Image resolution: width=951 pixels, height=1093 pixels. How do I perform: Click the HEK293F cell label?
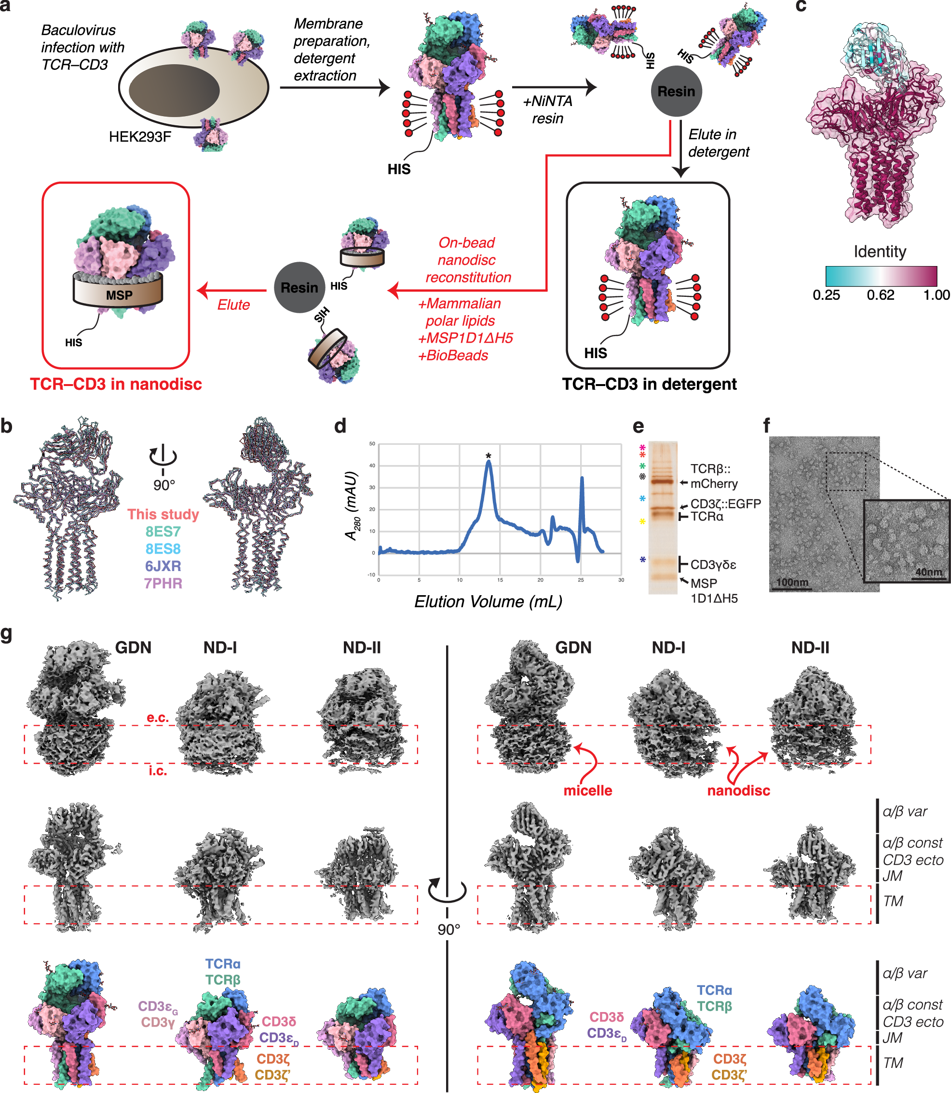(140, 137)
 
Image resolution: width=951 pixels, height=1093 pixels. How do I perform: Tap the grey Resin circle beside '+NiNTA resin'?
(676, 91)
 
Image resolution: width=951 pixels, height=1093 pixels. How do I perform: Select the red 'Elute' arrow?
(232, 291)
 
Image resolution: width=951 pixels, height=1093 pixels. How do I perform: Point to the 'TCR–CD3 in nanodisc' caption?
(116, 384)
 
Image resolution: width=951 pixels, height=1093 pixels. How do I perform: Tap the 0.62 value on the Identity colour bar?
(880, 295)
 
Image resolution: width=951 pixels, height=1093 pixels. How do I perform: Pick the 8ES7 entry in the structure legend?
(163, 532)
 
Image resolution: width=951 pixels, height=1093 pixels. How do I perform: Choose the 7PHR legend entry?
(163, 583)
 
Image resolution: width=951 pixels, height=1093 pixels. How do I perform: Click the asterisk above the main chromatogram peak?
(488, 456)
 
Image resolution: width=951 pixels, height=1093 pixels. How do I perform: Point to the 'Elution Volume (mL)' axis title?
(488, 602)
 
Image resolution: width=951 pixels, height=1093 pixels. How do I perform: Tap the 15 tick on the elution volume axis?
(500, 580)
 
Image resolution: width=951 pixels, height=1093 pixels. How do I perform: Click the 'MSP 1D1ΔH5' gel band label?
(713, 591)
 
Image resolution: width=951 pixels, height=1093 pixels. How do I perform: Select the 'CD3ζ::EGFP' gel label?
(725, 503)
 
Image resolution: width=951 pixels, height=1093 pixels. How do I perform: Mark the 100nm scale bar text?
(792, 582)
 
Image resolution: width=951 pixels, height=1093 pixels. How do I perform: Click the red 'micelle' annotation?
(587, 790)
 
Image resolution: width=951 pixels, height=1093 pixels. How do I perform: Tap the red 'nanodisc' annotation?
(738, 790)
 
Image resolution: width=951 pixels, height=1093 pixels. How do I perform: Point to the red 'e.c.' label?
(158, 718)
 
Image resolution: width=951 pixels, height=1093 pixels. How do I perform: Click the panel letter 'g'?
(7, 634)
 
